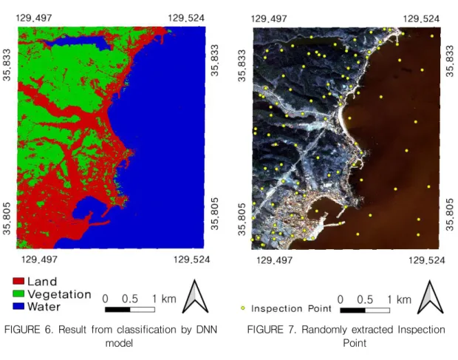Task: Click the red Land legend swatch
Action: click(18, 281)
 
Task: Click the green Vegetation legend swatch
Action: click(18, 293)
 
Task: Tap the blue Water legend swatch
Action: click(18, 306)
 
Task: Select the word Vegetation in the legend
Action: click(59, 294)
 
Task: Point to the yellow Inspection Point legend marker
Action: click(243, 308)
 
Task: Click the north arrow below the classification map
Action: click(195, 296)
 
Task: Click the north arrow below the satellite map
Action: click(430, 297)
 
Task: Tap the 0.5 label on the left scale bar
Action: click(130, 299)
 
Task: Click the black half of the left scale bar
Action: click(117, 310)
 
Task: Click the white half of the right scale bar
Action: click(377, 310)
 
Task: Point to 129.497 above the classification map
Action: click(34, 18)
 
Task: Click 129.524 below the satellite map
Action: click(427, 259)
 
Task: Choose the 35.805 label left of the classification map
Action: click(7, 218)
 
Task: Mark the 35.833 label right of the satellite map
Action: click(450, 61)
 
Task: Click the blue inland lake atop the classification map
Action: click(78, 43)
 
